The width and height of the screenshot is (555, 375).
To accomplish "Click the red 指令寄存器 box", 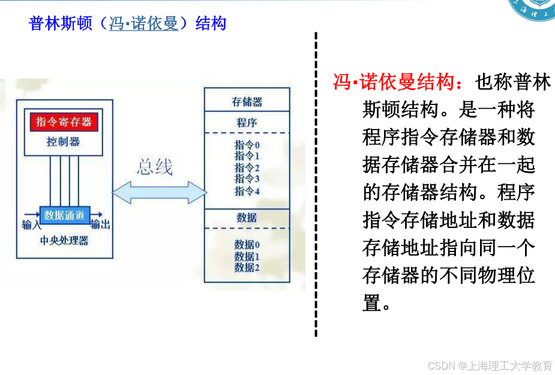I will pos(64,122).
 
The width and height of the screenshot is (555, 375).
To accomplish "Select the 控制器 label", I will pos(64,142).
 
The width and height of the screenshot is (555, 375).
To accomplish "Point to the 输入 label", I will pos(31,225).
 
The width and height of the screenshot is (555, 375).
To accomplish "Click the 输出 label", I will pos(100,224).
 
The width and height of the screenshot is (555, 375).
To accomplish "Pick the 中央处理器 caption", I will pos(64,241).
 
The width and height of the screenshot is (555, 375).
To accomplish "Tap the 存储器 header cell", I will pos(247,101).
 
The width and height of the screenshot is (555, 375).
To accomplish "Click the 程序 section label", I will pos(247,122).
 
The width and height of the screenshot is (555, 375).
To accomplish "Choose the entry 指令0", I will pos(247,145).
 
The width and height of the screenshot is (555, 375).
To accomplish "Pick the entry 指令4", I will pos(247,191).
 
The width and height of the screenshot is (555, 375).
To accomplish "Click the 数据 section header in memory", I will pos(247,217).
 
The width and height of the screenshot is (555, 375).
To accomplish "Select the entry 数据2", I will pos(247,267).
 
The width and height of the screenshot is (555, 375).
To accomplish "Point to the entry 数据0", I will pos(247,244).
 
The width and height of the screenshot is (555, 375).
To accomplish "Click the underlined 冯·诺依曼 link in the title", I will pos(143,24).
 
